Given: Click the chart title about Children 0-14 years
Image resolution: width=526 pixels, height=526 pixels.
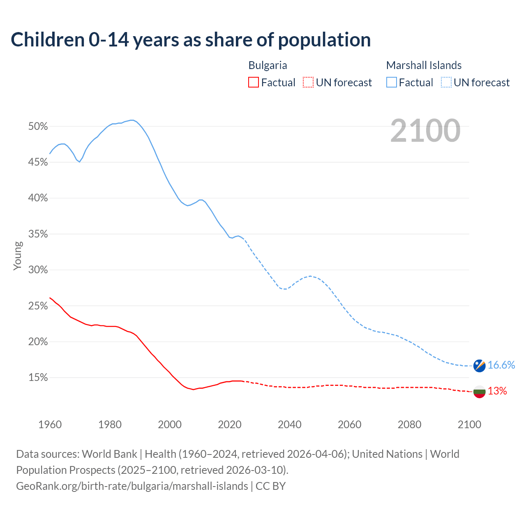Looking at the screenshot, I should click(191, 40).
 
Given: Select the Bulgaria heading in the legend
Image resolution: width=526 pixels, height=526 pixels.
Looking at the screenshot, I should click(268, 65).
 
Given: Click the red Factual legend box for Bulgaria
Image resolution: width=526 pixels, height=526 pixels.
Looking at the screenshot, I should click(254, 83).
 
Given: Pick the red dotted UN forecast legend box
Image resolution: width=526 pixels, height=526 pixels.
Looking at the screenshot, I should click(308, 83).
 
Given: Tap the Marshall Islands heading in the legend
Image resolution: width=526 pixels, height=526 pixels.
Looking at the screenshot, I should click(424, 65).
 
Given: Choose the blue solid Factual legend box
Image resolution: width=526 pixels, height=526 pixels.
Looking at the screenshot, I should click(391, 83).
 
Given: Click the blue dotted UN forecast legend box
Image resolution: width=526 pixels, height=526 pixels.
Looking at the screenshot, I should click(446, 83).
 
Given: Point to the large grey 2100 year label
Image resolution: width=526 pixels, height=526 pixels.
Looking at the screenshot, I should click(425, 131).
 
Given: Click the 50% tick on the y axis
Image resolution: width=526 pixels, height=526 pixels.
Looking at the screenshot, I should click(38, 127).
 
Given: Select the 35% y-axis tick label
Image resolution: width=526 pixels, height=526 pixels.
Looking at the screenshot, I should click(38, 234).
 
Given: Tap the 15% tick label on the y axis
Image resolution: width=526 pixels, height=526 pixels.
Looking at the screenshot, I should click(38, 378).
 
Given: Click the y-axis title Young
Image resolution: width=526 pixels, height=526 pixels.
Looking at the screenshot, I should click(17, 256).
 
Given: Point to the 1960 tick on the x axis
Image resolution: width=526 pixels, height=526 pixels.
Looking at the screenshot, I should click(50, 424).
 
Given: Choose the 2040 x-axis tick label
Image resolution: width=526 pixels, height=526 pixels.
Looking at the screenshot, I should click(289, 424).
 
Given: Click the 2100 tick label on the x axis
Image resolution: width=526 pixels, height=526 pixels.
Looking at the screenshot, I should click(469, 424).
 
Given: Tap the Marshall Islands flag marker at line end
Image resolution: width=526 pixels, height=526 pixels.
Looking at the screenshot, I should click(479, 365).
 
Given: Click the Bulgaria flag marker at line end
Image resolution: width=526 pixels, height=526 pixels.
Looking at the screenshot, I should click(479, 391).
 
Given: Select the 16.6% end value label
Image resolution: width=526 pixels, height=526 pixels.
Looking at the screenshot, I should click(501, 365).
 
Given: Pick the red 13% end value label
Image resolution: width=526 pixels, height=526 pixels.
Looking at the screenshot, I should click(497, 391).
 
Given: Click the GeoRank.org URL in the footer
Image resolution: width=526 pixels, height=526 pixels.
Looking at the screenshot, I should click(132, 486).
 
